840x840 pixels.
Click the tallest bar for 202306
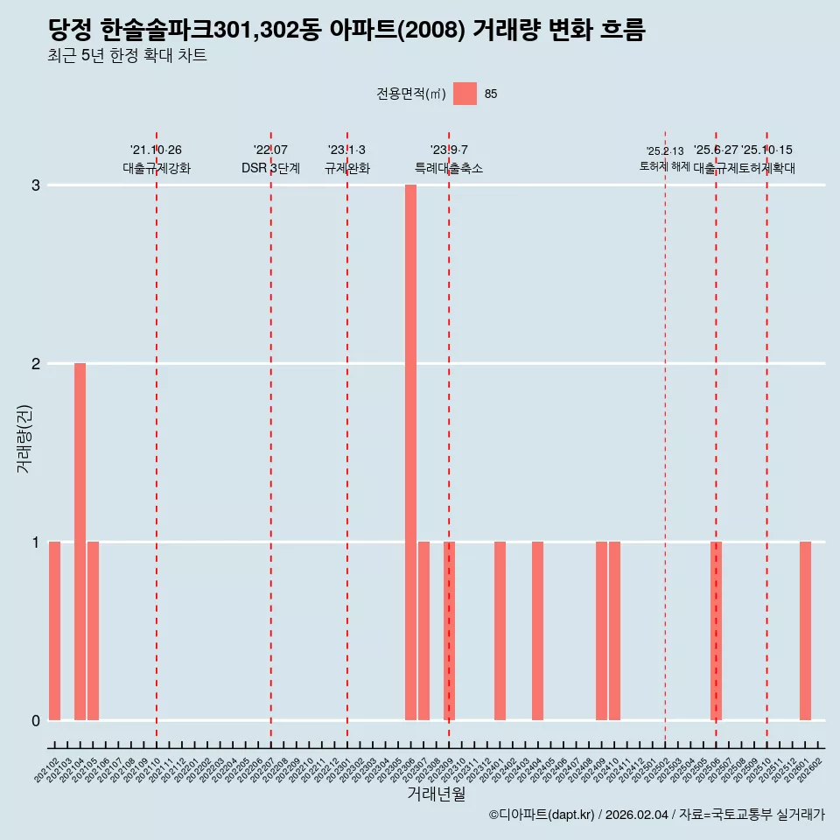[410, 452]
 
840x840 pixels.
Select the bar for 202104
[80, 542]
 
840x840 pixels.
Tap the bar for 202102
[54, 631]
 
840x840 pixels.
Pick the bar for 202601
[805, 631]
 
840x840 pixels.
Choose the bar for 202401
[500, 631]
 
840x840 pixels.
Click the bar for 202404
[538, 631]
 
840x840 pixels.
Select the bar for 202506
[716, 631]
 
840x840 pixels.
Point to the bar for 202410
[614, 631]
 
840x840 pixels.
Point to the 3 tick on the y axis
[36, 185]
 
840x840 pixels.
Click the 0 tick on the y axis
[36, 721]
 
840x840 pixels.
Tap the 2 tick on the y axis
[36, 364]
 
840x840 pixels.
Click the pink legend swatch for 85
[465, 94]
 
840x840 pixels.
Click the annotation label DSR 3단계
[270, 168]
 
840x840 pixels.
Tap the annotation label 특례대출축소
[449, 168]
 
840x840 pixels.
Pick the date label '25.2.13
[665, 151]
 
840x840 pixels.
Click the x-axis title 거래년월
[436, 794]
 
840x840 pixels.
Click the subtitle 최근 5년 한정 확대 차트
[128, 56]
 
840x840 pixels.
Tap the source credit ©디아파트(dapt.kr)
[542, 815]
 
